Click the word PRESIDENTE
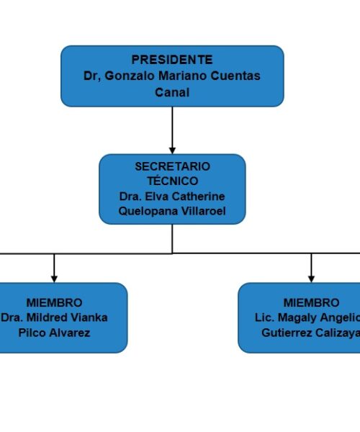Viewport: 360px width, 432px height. point(172,60)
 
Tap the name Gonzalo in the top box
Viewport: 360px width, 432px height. point(130,76)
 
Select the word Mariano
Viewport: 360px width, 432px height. point(183,76)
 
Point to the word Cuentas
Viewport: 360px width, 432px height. point(235,76)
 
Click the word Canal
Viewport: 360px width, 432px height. point(172,92)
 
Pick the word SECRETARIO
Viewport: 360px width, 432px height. point(172,166)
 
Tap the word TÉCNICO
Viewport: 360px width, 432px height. point(172,181)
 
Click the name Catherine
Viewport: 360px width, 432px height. point(198,197)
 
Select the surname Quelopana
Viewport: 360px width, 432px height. point(148,211)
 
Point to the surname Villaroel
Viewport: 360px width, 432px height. point(204,211)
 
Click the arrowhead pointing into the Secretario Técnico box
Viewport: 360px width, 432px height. point(172,150)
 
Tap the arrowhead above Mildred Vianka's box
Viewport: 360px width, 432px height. point(54,279)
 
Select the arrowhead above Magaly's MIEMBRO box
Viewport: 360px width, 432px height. point(311,279)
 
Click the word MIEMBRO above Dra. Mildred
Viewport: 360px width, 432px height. point(54,303)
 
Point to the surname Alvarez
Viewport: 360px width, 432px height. point(72,333)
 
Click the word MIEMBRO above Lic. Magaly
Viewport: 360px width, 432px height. point(312,303)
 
